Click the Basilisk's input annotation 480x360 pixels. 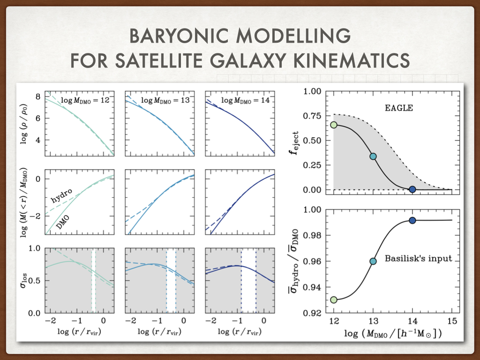click(419, 258)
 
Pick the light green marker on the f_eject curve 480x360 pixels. click(334, 125)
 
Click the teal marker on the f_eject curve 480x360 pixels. click(373, 156)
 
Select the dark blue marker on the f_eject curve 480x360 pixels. click(412, 189)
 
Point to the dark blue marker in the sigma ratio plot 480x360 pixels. click(412, 220)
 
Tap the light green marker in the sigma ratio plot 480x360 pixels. click(334, 300)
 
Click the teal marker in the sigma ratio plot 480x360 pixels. click(373, 261)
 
